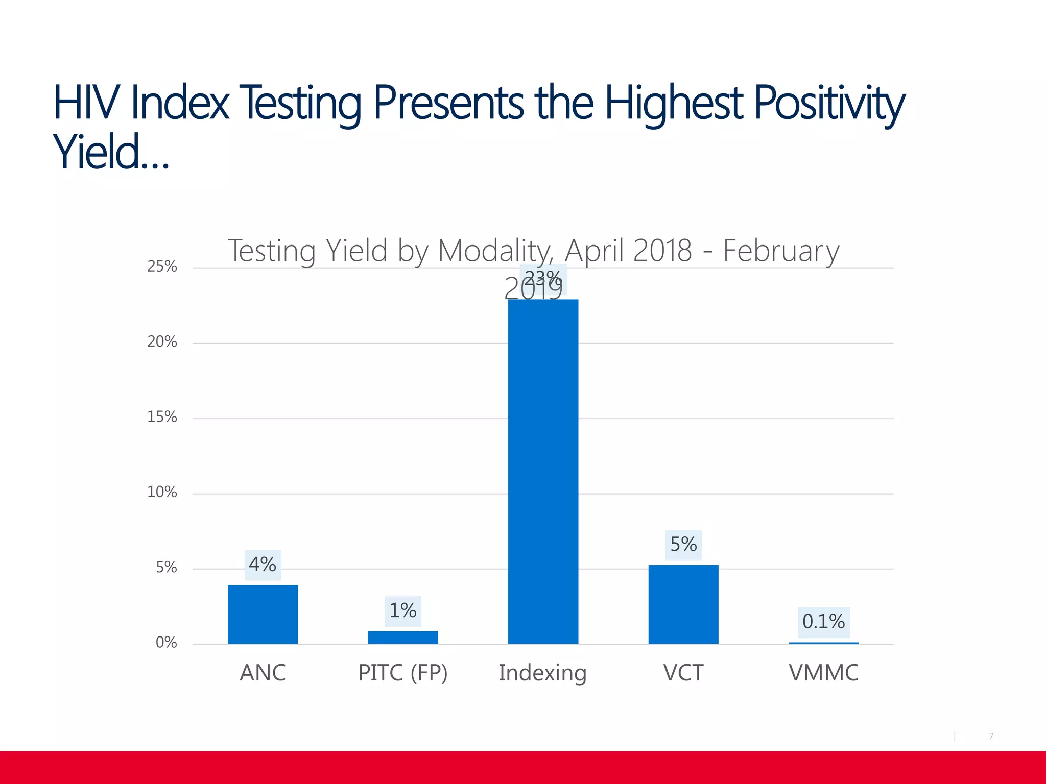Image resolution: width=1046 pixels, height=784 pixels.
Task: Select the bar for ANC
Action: pyautogui.click(x=263, y=614)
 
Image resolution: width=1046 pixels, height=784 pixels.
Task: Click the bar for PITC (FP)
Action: pyautogui.click(x=402, y=637)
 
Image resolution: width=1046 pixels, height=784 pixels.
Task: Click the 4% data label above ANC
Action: pyautogui.click(x=263, y=565)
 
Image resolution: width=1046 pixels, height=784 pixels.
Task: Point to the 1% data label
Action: pyautogui.click(x=402, y=610)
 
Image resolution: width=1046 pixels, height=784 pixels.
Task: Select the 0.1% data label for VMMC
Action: pyautogui.click(x=823, y=622)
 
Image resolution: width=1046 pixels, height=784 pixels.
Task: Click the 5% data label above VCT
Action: pyautogui.click(x=683, y=545)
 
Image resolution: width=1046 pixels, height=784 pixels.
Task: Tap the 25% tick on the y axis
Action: pyautogui.click(x=162, y=266)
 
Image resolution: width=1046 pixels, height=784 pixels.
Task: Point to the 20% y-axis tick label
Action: pyautogui.click(x=162, y=342)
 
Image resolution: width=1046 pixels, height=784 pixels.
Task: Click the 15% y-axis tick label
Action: pyautogui.click(x=162, y=417)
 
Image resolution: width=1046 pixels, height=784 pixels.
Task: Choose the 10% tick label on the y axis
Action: pyautogui.click(x=162, y=492)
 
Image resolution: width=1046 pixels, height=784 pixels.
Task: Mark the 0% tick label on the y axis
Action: pyautogui.click(x=166, y=643)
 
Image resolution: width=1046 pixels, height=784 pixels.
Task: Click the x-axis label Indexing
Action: pyautogui.click(x=542, y=673)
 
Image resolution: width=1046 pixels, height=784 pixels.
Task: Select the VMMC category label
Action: pyautogui.click(x=823, y=673)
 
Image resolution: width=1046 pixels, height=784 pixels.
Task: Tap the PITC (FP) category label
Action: pyautogui.click(x=402, y=673)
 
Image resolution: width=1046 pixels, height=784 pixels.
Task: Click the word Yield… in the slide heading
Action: pyautogui.click(x=110, y=152)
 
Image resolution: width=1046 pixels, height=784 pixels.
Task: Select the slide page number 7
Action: pyautogui.click(x=991, y=736)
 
